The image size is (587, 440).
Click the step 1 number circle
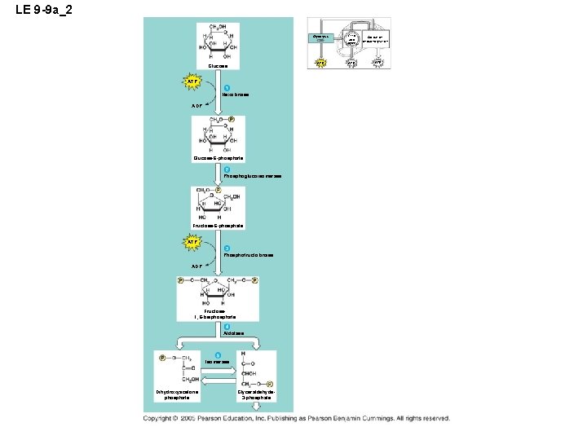tap(227, 88)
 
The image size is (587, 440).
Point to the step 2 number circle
tap(227, 169)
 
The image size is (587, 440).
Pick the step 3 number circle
tap(227, 248)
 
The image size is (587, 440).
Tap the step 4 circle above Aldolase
tap(227, 327)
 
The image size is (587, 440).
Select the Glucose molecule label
tap(218, 66)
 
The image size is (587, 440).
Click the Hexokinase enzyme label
tap(236, 95)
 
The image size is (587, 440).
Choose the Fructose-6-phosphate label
tap(218, 226)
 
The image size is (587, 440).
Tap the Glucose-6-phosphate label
tap(218, 157)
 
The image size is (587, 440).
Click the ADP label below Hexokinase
tap(196, 106)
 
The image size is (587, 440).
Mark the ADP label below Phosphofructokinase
tap(196, 266)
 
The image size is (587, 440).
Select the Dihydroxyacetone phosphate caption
tap(177, 395)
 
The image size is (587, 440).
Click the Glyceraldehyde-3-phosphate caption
tap(255, 395)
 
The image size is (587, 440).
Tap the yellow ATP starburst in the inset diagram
tap(320, 61)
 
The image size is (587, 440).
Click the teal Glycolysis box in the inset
tap(322, 37)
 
